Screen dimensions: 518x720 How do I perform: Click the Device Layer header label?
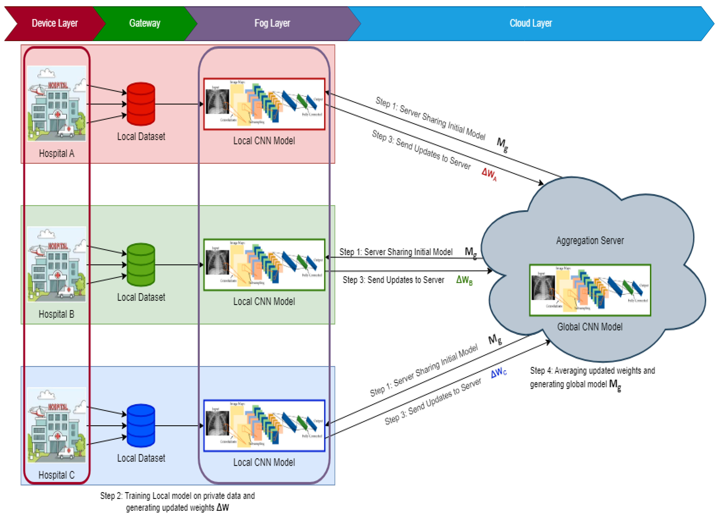[x=55, y=23]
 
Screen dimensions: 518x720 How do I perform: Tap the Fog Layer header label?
[x=272, y=23]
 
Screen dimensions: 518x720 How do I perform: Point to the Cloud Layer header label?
[x=531, y=23]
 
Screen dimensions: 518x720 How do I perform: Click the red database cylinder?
[x=141, y=104]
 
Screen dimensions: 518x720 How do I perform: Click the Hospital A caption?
[x=56, y=154]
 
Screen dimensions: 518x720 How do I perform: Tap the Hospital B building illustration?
[x=56, y=264]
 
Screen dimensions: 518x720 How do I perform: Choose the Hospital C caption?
[x=56, y=475]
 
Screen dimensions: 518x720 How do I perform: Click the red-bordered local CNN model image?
[x=264, y=104]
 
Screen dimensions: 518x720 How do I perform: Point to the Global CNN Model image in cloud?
[x=590, y=290]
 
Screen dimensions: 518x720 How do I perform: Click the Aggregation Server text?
[x=590, y=241]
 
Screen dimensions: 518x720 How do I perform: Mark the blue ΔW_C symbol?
[x=498, y=373]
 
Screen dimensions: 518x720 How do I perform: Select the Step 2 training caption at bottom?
[x=177, y=502]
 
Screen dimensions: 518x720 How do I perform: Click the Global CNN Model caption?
[x=590, y=327]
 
